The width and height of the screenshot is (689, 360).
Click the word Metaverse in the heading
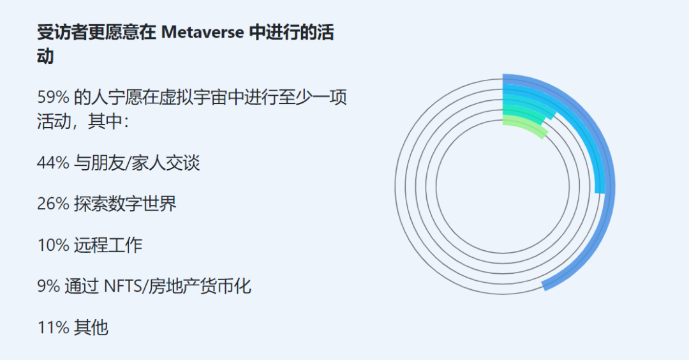click(x=203, y=33)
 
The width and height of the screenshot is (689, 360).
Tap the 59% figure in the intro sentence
click(x=53, y=97)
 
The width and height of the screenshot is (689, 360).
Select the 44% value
click(x=53, y=163)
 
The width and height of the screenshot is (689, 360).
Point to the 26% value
click(x=53, y=204)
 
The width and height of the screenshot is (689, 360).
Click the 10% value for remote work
click(x=53, y=245)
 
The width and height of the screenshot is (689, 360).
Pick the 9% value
click(x=48, y=287)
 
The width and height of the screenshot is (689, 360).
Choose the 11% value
click(x=53, y=328)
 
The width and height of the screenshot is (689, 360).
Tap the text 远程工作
click(x=108, y=245)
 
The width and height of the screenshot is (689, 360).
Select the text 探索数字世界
click(x=125, y=204)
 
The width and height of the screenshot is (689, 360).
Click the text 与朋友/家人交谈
click(x=137, y=163)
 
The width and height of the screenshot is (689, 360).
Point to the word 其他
click(x=91, y=328)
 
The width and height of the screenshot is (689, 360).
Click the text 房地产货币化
click(x=200, y=287)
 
